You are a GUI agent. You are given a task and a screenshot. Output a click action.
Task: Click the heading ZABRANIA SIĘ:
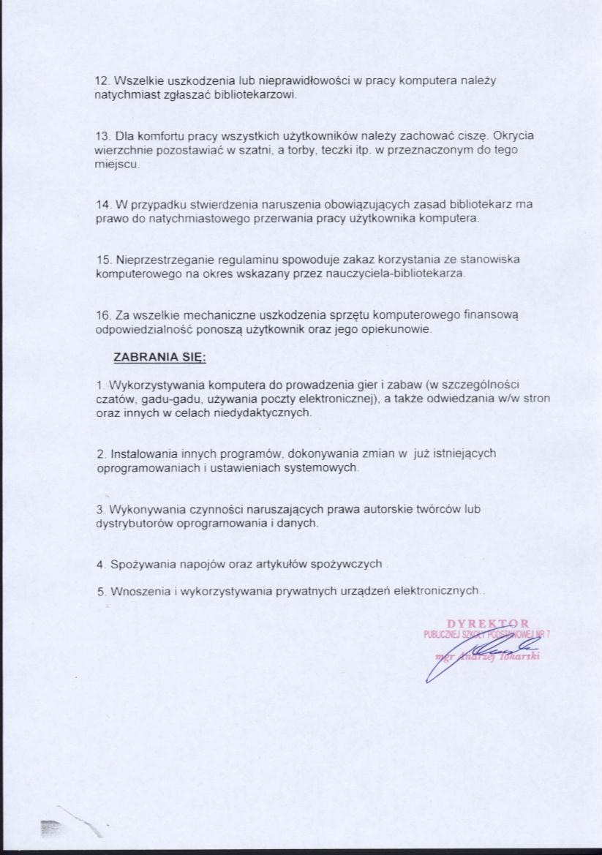point(160,358)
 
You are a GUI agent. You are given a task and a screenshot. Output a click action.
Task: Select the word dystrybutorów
point(132,524)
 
